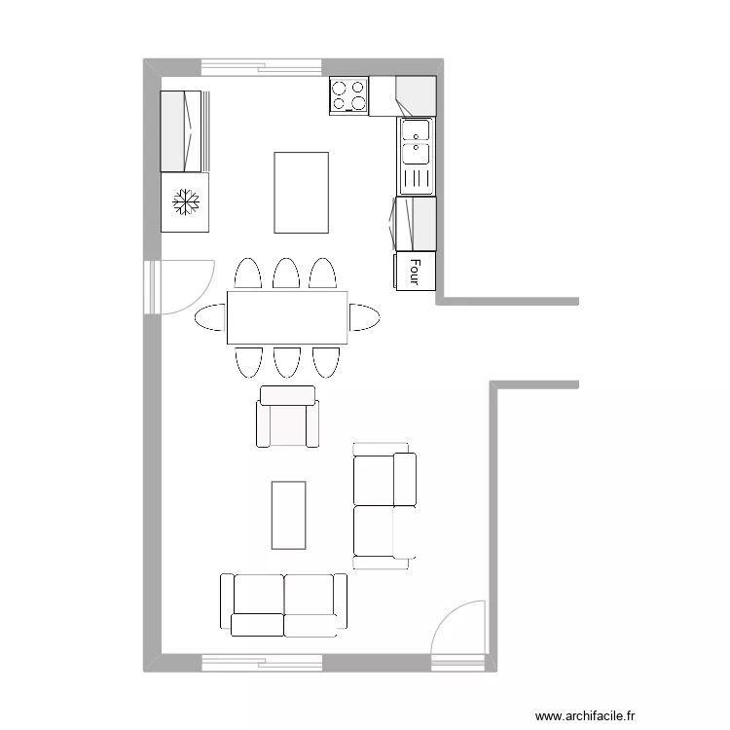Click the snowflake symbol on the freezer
185,202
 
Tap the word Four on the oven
414,272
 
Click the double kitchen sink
416,142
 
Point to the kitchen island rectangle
301,192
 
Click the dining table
287,317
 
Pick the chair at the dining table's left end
209,317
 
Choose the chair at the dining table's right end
364,317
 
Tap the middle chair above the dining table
285,274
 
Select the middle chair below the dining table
285,361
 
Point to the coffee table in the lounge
288,513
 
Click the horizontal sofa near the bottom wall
283,603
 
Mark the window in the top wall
261,66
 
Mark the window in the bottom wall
261,664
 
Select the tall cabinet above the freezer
184,131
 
